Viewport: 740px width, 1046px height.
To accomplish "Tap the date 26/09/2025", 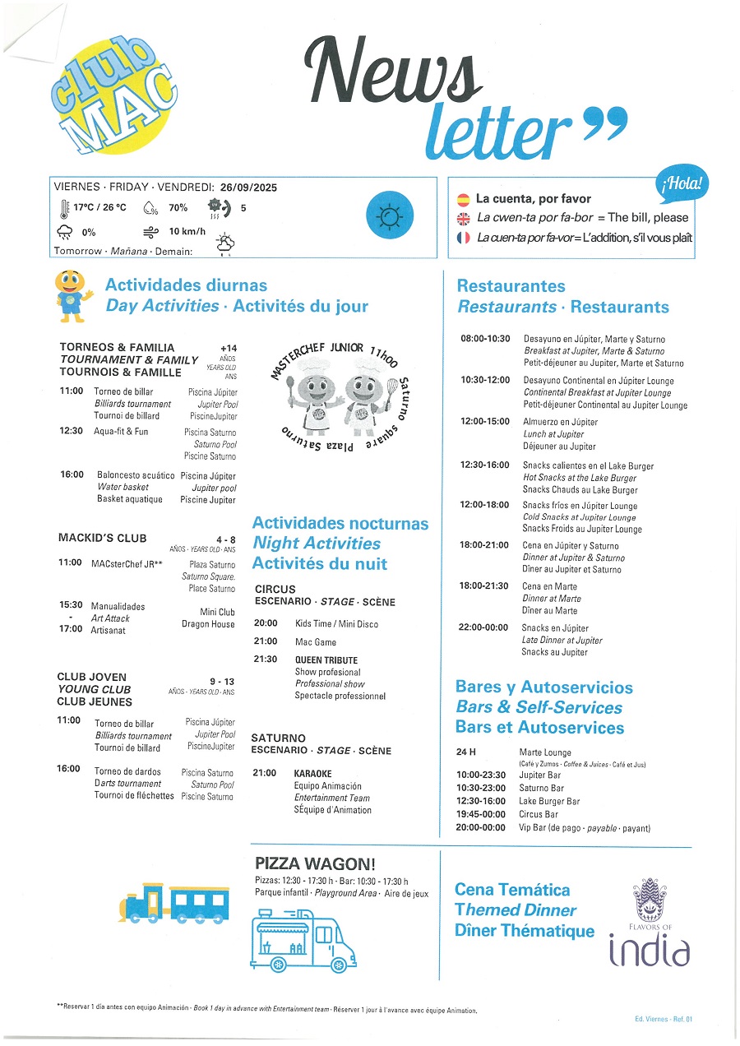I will point(248,187).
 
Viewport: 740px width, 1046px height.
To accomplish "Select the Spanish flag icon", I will point(463,199).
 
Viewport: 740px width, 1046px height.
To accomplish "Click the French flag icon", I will point(463,238).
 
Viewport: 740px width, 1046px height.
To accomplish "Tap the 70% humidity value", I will point(178,208).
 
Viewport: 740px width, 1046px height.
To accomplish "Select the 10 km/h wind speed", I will point(187,232).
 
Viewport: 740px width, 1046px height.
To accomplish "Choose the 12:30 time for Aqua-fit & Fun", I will point(71,431).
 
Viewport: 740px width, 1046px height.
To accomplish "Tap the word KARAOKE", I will point(312,774).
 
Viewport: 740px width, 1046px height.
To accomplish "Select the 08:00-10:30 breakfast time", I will point(484,339).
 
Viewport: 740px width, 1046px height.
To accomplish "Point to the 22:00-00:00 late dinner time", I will point(484,628).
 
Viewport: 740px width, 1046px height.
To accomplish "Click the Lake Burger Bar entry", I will point(549,801).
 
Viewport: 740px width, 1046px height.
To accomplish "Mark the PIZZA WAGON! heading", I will point(315,863).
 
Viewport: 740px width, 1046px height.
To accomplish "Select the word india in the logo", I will point(649,951).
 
